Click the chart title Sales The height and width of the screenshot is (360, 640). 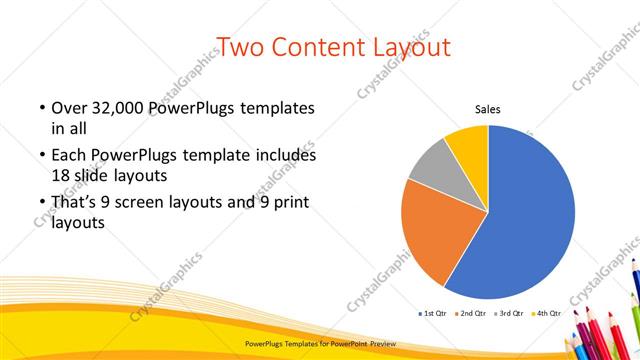(x=487, y=110)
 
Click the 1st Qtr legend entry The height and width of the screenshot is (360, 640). (x=432, y=313)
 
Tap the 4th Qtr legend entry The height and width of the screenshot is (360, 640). (x=545, y=313)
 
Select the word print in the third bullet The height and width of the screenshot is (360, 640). (x=284, y=204)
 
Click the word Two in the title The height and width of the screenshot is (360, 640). (x=239, y=47)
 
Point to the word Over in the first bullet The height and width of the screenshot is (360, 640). (x=68, y=108)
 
